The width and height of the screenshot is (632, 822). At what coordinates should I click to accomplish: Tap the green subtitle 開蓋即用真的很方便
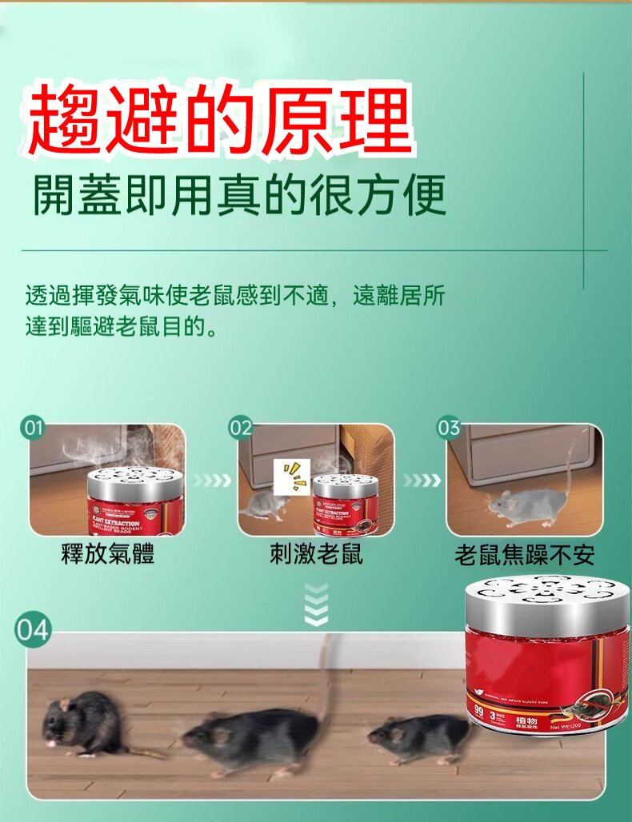point(238,194)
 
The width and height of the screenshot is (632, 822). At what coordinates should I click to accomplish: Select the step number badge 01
point(33,429)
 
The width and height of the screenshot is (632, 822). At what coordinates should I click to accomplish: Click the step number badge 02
point(241,429)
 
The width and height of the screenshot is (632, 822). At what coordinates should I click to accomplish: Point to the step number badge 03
point(449,429)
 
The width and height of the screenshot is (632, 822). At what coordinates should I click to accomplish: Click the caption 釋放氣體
point(108,554)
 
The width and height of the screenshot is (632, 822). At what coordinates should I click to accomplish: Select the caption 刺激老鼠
point(316,554)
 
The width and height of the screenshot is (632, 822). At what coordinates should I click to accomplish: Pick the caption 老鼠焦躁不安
point(525,555)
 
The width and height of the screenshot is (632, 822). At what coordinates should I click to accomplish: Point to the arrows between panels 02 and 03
point(421,481)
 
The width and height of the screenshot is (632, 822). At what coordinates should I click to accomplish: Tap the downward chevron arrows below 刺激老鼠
point(317,604)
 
